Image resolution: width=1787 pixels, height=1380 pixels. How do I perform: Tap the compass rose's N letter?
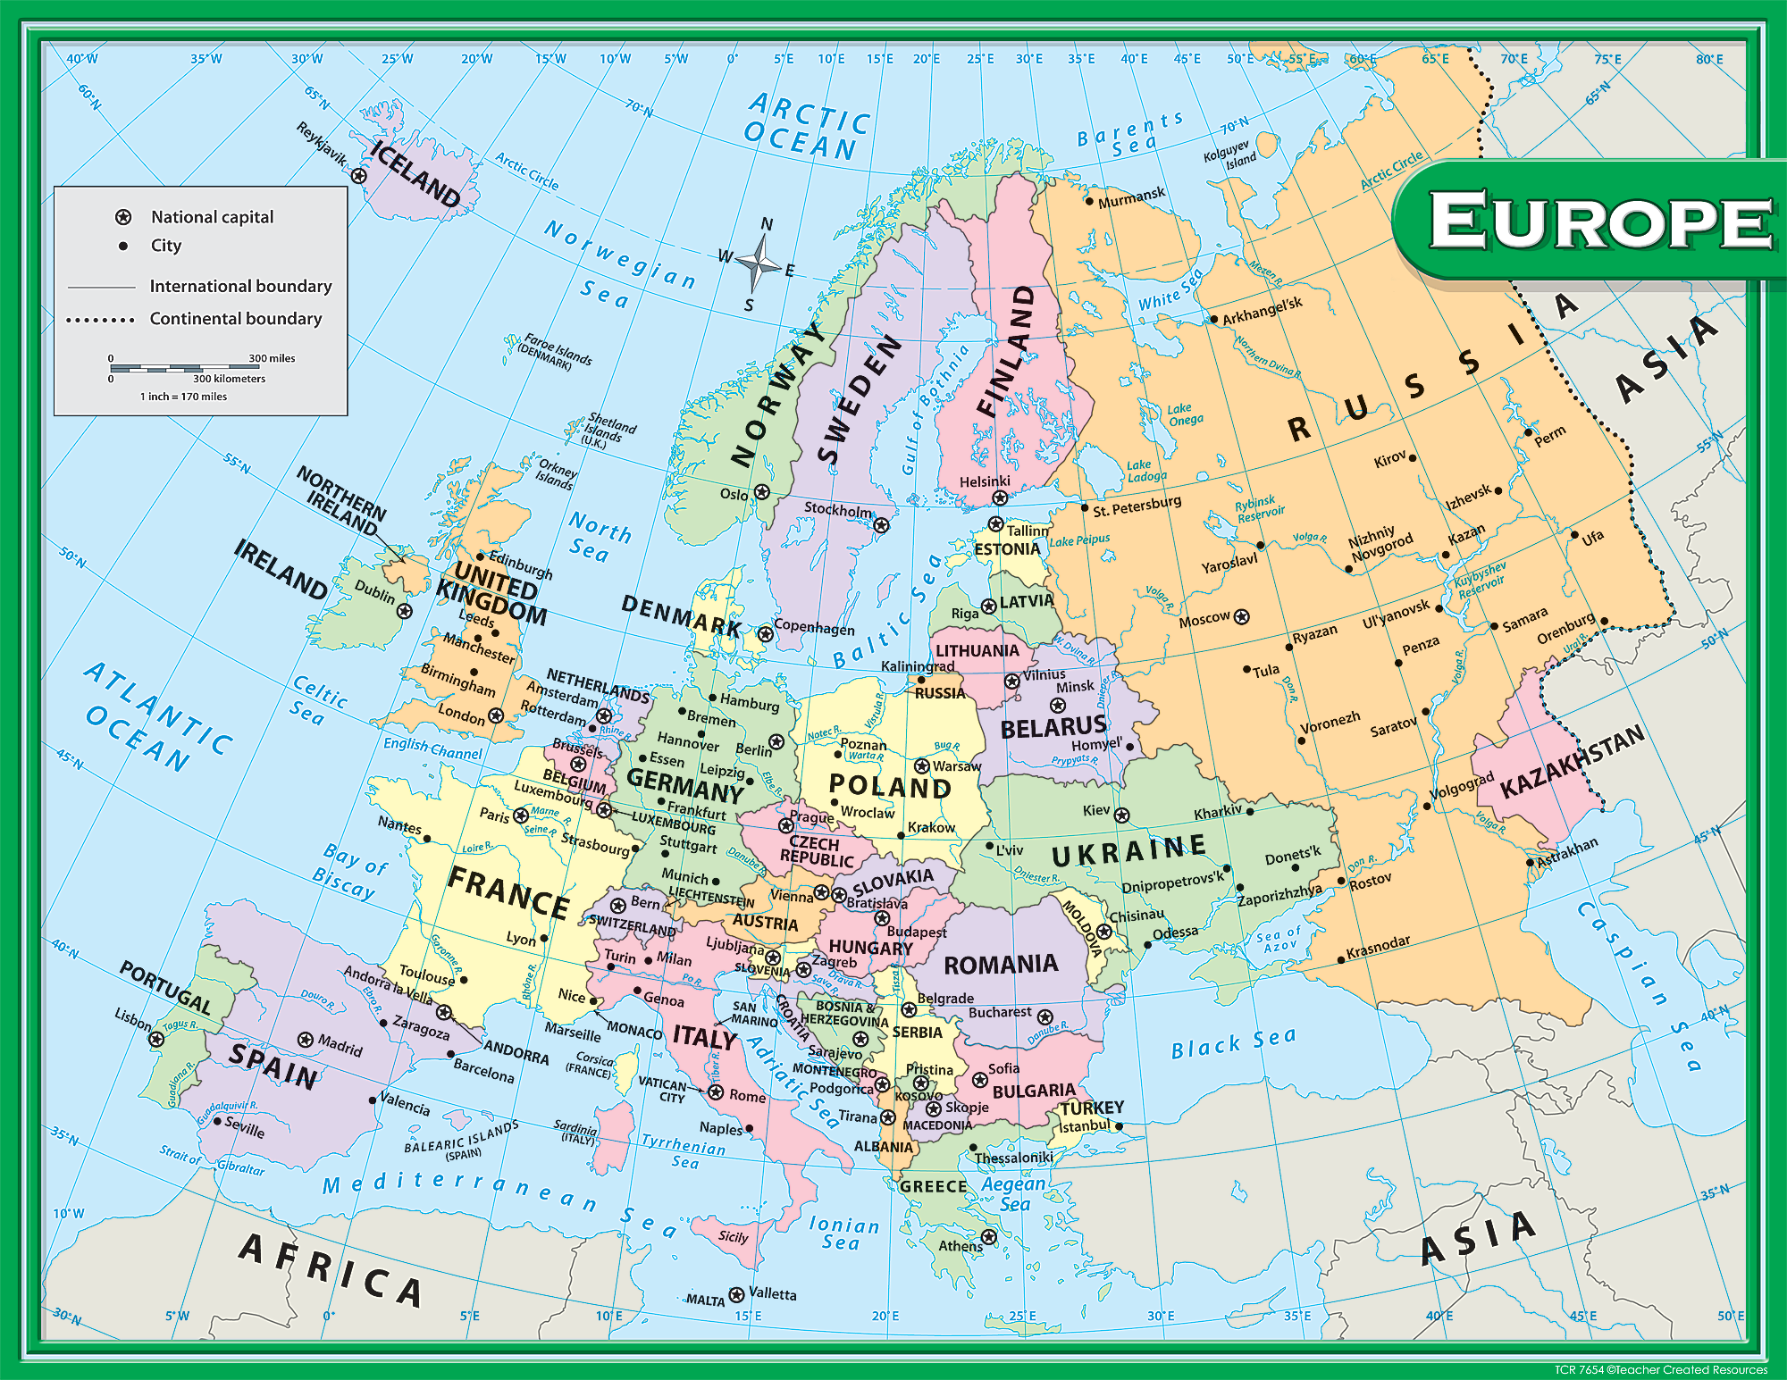pyautogui.click(x=767, y=224)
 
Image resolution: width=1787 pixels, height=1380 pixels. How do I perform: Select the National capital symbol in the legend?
pyautogui.click(x=123, y=217)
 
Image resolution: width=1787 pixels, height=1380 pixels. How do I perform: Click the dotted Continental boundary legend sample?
pyautogui.click(x=100, y=319)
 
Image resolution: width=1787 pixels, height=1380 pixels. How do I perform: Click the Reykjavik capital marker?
pyautogui.click(x=359, y=176)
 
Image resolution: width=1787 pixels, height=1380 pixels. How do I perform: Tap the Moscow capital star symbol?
pyautogui.click(x=1241, y=616)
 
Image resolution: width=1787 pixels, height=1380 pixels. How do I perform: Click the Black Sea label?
pyautogui.click(x=1232, y=1042)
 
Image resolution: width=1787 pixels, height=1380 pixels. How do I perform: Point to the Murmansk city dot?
pyautogui.click(x=1089, y=201)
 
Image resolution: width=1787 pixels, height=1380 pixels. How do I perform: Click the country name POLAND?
pyautogui.click(x=889, y=786)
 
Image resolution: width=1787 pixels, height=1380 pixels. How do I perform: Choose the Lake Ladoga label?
pyautogui.click(x=1146, y=471)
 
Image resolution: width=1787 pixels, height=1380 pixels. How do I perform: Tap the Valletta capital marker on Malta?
pyautogui.click(x=736, y=1294)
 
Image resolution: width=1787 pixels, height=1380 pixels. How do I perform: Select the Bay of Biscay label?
pyautogui.click(x=348, y=870)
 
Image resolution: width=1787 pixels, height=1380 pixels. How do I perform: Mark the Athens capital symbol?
pyautogui.click(x=988, y=1237)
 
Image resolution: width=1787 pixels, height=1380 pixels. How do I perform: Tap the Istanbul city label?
pyautogui.click(x=1084, y=1126)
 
